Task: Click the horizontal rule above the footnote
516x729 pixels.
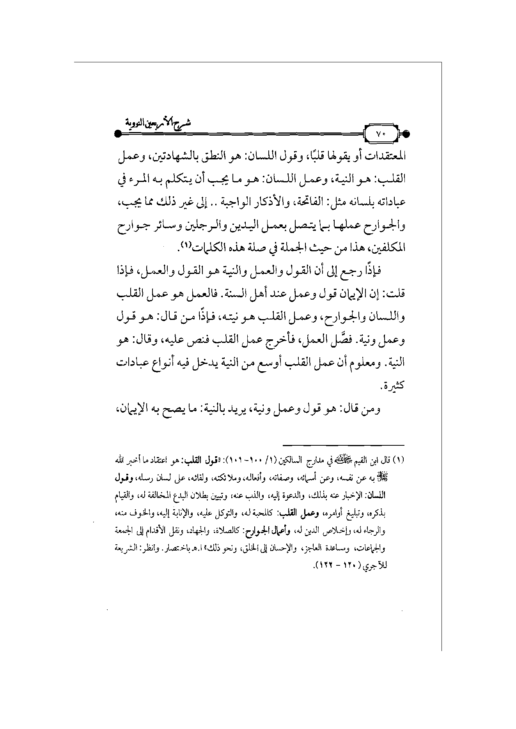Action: click(x=344, y=445)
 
